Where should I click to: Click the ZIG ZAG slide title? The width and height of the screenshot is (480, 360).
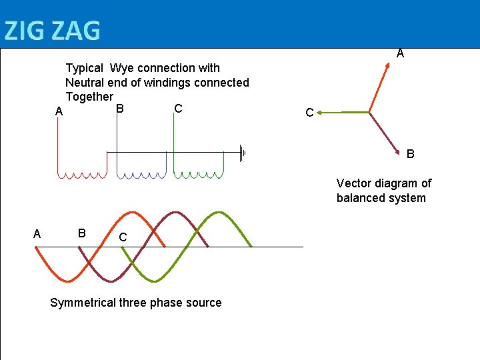point(52,31)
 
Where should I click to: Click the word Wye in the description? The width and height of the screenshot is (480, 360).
point(122,68)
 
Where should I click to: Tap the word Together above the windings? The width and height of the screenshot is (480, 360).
point(89,97)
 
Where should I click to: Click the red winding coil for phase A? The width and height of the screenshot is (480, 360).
point(81,175)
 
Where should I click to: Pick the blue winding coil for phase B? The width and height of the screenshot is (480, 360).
point(141,175)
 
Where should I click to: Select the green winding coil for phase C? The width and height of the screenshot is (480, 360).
point(199,175)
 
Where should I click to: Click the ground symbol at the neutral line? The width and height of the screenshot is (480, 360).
point(243,153)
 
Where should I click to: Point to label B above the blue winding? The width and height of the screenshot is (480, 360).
point(119,108)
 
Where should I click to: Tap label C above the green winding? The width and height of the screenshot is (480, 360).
point(178,108)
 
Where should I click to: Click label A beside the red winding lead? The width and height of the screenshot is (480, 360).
point(59,113)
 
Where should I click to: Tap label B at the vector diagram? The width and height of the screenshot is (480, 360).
point(411,154)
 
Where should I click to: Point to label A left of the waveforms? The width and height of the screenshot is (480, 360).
point(37,234)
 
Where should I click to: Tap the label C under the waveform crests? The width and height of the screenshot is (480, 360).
point(123,237)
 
